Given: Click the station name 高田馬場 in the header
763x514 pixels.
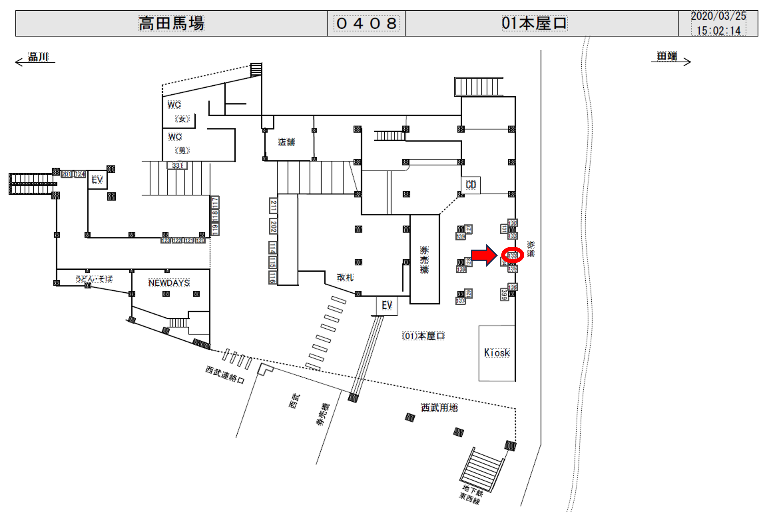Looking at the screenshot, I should pos(171,24).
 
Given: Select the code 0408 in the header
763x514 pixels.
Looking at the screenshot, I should pos(367,24).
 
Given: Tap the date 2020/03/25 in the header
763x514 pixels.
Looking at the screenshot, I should pos(718,16).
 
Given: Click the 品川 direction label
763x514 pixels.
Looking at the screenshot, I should pos(38,57).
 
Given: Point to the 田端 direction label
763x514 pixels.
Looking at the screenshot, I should pos(667,56).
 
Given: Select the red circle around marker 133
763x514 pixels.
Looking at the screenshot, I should pos(512,255).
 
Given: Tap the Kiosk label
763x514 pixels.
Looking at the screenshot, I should pos(497,353).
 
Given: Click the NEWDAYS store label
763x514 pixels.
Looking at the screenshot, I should pos(169,283).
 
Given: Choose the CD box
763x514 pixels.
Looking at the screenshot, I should pos(471,185).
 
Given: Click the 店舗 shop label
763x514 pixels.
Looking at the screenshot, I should pos(286,142).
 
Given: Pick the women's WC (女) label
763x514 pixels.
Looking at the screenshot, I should pos(182,119).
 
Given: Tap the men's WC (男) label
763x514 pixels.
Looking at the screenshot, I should pos(182,150).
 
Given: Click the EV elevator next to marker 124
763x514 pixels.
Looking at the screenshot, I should pos(97,180).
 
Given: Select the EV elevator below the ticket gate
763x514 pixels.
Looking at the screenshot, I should pos(387,306).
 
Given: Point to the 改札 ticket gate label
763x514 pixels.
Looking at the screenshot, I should pos(345,277).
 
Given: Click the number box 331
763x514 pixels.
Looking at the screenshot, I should pos(177,166).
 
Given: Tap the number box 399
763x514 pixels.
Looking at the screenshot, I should pos(504,294).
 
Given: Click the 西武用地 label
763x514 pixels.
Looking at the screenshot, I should pos(439,408).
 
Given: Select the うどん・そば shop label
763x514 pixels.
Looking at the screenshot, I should pos(94,279).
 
